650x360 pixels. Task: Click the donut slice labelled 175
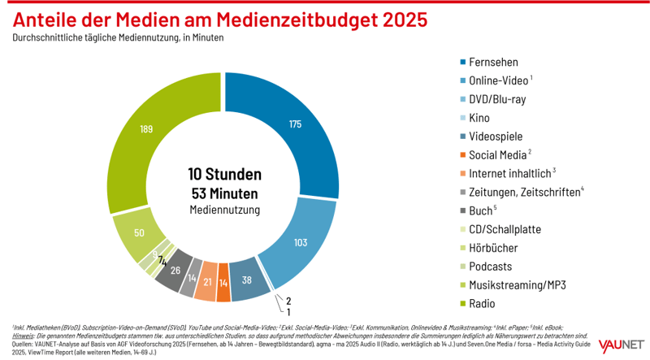pyautogui.click(x=294, y=124)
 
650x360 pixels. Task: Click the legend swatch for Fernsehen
pyautogui.click(x=463, y=62)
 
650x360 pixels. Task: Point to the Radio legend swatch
pyautogui.click(x=463, y=303)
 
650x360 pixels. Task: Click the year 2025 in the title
pyautogui.click(x=395, y=18)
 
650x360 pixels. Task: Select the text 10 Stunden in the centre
pyautogui.click(x=225, y=174)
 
